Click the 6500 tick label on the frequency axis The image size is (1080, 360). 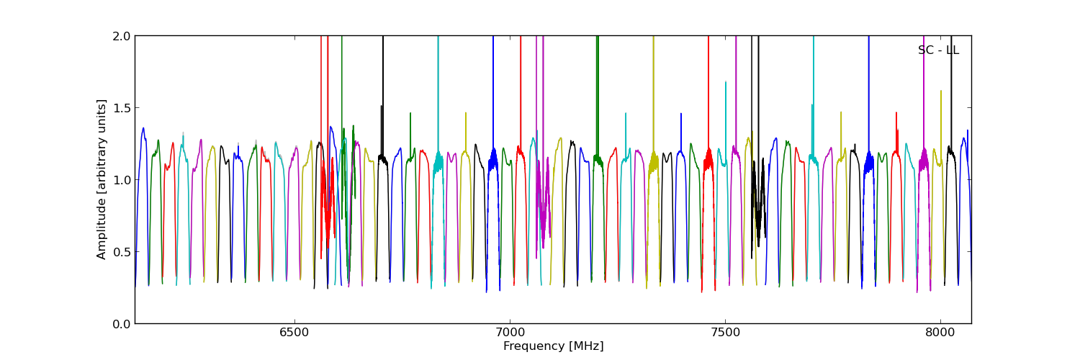coord(294,333)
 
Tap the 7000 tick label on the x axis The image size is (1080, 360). coord(510,333)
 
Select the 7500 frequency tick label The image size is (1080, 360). coord(725,333)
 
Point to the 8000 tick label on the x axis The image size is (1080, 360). coord(940,333)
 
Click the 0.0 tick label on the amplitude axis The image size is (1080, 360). coord(122,324)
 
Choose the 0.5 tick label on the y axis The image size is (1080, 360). coord(122,252)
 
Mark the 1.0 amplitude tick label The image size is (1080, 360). coord(122,180)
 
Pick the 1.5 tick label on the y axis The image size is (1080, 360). coord(122,108)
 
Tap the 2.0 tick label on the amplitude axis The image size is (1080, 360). coord(122,36)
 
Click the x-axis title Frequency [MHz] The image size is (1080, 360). coord(553,346)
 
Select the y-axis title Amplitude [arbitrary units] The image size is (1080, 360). coord(102,179)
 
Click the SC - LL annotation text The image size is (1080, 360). coord(938,50)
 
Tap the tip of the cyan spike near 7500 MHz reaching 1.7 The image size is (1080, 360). coord(726,82)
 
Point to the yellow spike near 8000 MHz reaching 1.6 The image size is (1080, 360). coord(941,91)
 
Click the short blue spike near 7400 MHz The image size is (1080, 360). coord(680,114)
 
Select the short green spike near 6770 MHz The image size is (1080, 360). coord(410,114)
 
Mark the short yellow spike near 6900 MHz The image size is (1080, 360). coord(466,114)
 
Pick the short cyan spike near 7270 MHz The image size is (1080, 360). coord(626,114)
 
